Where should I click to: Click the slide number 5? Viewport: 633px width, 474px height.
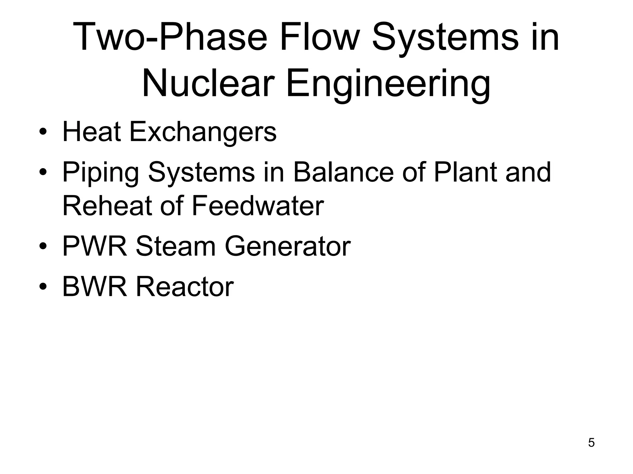pyautogui.click(x=591, y=443)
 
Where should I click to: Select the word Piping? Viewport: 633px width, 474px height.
pyautogui.click(x=101, y=173)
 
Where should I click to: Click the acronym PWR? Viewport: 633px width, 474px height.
pyautogui.click(x=95, y=246)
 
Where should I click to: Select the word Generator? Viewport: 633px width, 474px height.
pyautogui.click(x=287, y=246)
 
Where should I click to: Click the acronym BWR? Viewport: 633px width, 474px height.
pyautogui.click(x=95, y=287)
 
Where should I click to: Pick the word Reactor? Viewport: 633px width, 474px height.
pyautogui.click(x=185, y=287)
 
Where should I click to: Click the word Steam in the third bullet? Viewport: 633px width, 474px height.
pyautogui.click(x=176, y=246)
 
